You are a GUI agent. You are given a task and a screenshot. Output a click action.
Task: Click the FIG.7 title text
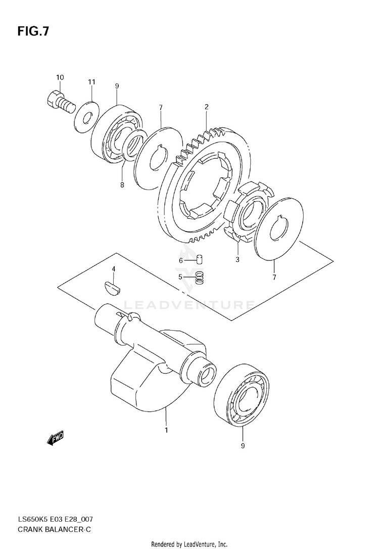coord(33,31)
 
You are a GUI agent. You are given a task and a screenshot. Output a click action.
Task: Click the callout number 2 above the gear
coord(207,107)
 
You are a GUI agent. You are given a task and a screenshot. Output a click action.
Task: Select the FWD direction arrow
coord(55,439)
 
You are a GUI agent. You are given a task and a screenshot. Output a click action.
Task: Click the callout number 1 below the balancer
coord(166,430)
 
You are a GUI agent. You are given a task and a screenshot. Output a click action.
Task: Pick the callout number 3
coord(238,259)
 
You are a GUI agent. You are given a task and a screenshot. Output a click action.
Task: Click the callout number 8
coord(122,185)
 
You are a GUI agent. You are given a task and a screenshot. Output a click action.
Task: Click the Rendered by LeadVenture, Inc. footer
coord(189,544)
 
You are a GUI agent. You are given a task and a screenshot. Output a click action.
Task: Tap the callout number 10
coord(60,77)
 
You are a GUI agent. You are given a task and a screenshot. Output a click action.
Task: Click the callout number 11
coord(91,81)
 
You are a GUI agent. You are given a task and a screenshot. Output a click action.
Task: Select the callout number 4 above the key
coord(114,268)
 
